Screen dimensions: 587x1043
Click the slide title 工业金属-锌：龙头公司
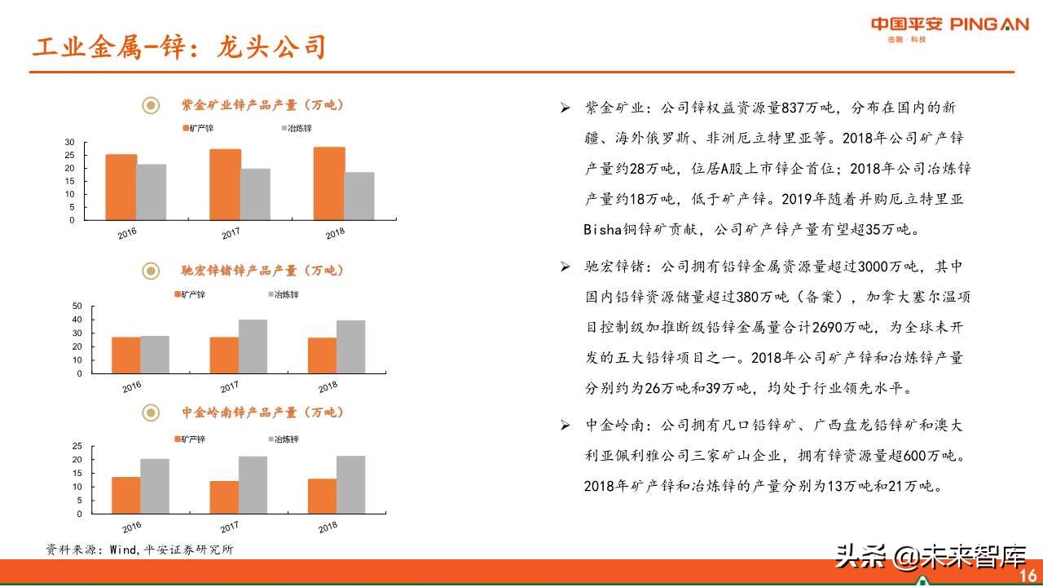click(x=179, y=46)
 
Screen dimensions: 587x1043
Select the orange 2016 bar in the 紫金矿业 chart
click(x=121, y=187)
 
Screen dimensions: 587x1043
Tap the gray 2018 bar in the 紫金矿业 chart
click(x=359, y=196)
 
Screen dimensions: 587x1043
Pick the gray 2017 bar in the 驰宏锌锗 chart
click(x=253, y=346)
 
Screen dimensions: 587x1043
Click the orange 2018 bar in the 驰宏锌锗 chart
click(x=322, y=355)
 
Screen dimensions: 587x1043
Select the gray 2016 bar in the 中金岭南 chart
click(x=155, y=486)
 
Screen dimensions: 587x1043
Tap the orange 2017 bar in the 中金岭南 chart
click(x=224, y=497)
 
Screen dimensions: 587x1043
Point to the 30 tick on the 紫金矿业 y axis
click(x=69, y=143)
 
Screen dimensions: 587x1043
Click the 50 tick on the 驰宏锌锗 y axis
click(x=77, y=307)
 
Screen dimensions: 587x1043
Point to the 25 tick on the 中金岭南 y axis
click(x=77, y=446)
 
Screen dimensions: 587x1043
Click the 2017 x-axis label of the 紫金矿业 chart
click(x=231, y=234)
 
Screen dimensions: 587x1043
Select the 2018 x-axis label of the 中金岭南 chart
click(x=328, y=527)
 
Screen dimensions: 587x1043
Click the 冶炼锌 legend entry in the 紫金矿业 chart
click(x=297, y=129)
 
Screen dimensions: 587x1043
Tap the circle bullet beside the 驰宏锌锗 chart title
click(x=151, y=271)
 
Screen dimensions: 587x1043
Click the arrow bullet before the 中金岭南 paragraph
click(x=566, y=426)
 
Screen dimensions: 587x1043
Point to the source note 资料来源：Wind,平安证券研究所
click(x=139, y=549)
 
